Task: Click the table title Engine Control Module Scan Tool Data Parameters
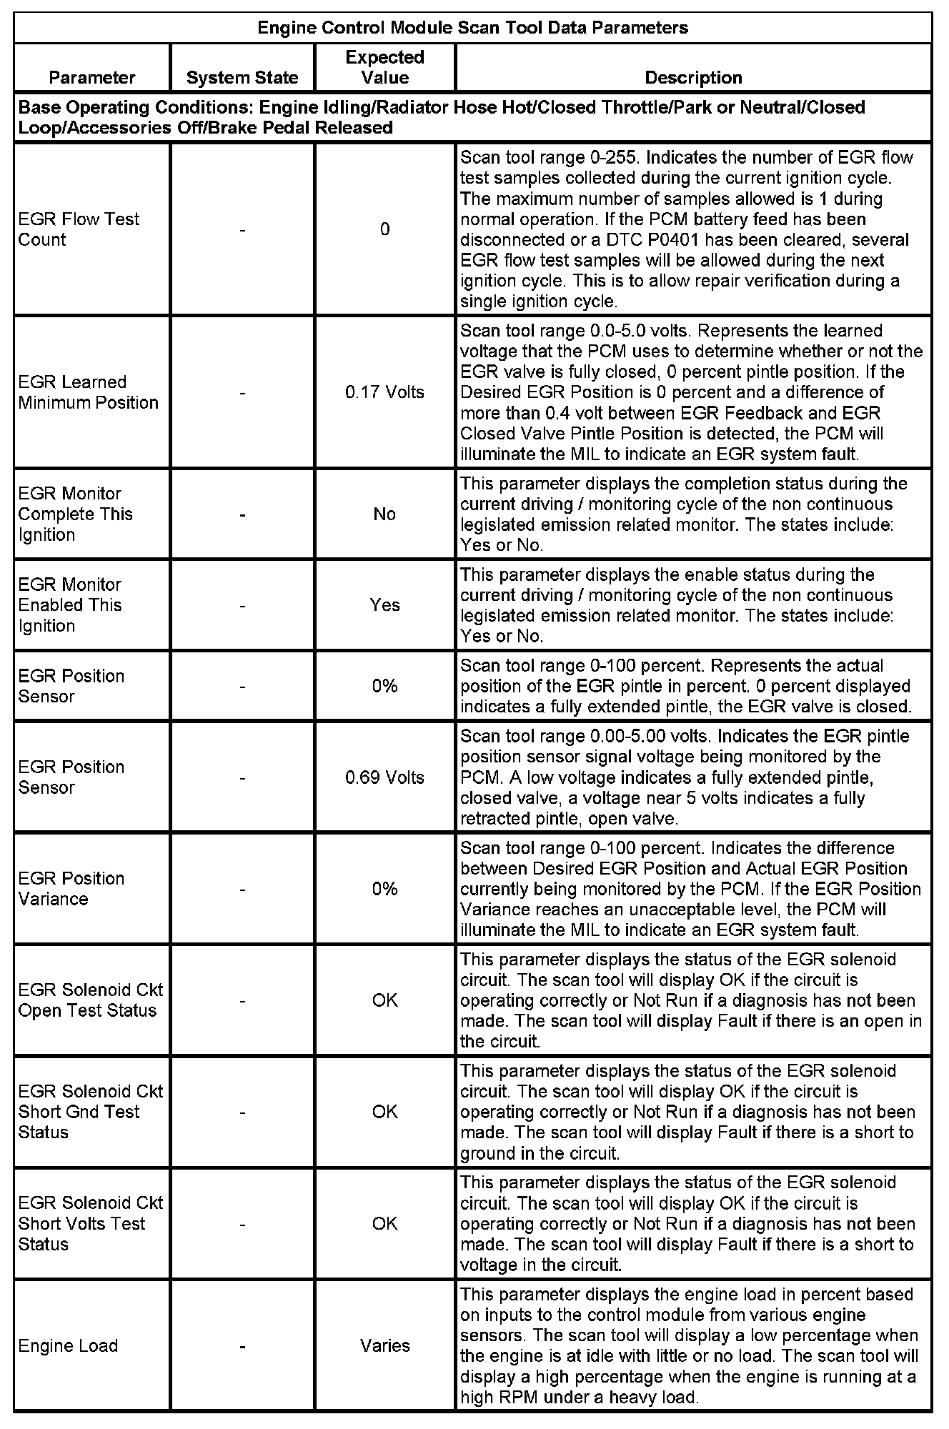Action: point(472,28)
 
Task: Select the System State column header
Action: point(242,77)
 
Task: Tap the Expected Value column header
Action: point(384,67)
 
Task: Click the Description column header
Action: point(693,77)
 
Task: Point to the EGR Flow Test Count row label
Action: point(79,229)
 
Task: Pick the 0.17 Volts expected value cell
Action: point(384,392)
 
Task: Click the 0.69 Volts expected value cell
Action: point(384,777)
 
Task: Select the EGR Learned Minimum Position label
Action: point(88,392)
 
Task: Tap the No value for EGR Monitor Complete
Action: point(384,514)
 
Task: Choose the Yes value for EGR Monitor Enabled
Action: point(384,605)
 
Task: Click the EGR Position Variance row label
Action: point(71,889)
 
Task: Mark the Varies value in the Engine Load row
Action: point(384,1345)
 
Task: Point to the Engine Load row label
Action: point(68,1345)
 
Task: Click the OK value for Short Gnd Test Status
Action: point(384,1112)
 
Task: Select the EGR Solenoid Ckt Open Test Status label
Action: point(91,1000)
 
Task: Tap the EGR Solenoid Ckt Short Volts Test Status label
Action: point(91,1223)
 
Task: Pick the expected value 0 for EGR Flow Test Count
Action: point(384,229)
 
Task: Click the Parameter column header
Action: point(92,77)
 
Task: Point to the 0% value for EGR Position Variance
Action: point(384,889)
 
